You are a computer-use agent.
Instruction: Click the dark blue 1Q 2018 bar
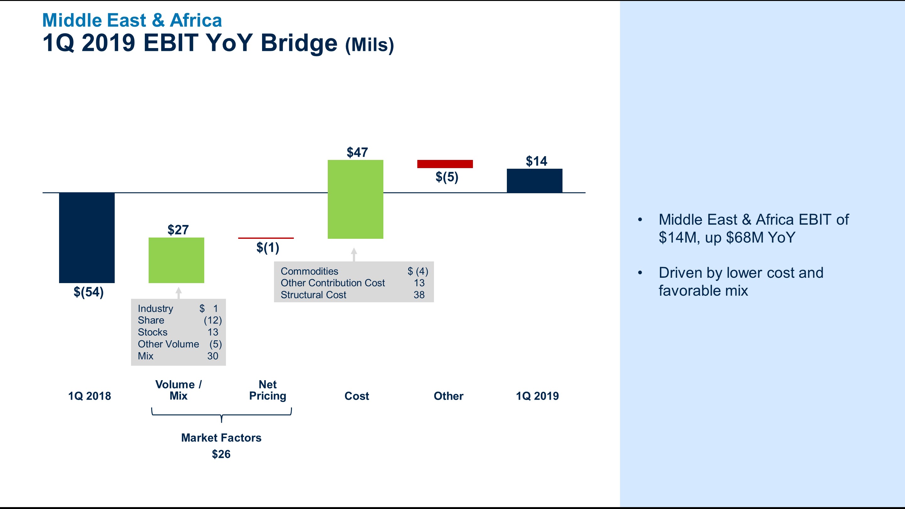(87, 238)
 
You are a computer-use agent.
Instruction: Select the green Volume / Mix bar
(176, 260)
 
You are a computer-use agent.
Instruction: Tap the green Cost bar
(355, 199)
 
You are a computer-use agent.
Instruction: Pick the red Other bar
(445, 164)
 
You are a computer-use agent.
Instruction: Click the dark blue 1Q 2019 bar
(534, 181)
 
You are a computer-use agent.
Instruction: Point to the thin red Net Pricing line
(266, 238)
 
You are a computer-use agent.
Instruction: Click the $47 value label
(357, 152)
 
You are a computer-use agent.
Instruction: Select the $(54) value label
(89, 292)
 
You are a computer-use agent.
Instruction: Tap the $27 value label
(178, 230)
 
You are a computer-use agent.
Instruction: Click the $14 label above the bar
(536, 161)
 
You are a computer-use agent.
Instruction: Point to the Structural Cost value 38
(419, 295)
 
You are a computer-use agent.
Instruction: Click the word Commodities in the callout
(309, 271)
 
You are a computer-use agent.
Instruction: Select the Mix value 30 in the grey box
(212, 356)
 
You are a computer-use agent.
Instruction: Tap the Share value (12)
(212, 320)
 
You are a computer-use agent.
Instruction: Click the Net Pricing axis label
(268, 390)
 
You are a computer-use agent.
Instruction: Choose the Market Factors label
(221, 438)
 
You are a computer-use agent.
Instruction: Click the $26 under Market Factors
(221, 454)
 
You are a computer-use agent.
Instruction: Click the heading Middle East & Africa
(132, 20)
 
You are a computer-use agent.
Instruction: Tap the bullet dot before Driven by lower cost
(640, 273)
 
